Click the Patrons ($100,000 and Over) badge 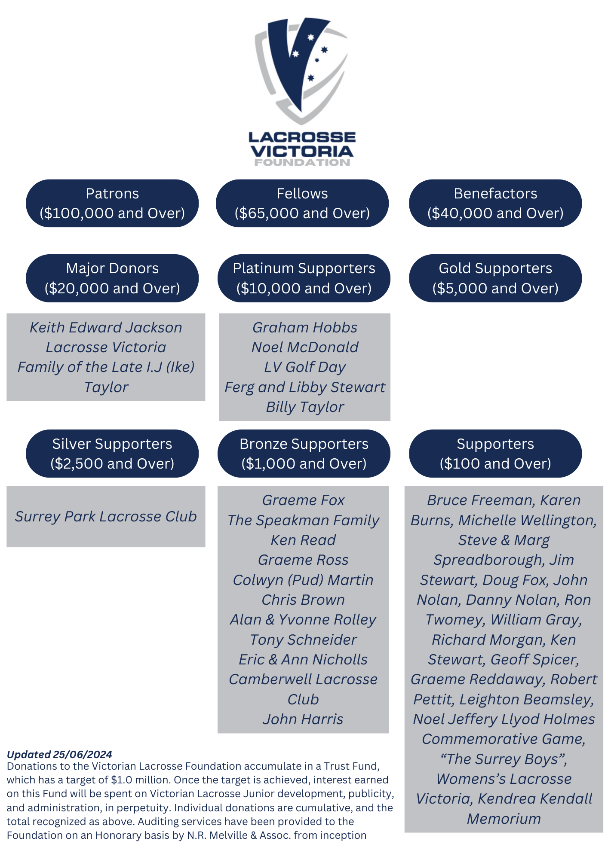pyautogui.click(x=112, y=203)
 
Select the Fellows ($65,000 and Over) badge pyautogui.click(x=302, y=203)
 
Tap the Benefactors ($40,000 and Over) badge pyautogui.click(x=495, y=203)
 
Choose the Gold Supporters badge pyautogui.click(x=495, y=278)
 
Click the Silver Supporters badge pyautogui.click(x=112, y=454)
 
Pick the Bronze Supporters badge pyautogui.click(x=304, y=454)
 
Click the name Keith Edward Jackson pyautogui.click(x=106, y=328)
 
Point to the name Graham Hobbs pyautogui.click(x=305, y=328)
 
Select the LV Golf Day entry pyautogui.click(x=305, y=367)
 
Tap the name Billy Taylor pyautogui.click(x=305, y=407)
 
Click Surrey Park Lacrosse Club pyautogui.click(x=106, y=517)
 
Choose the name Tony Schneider pyautogui.click(x=303, y=640)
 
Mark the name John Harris pyautogui.click(x=303, y=719)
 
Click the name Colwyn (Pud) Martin pyautogui.click(x=303, y=580)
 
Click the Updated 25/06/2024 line pyautogui.click(x=59, y=755)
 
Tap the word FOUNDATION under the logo pyautogui.click(x=302, y=163)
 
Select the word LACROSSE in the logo pyautogui.click(x=302, y=137)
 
